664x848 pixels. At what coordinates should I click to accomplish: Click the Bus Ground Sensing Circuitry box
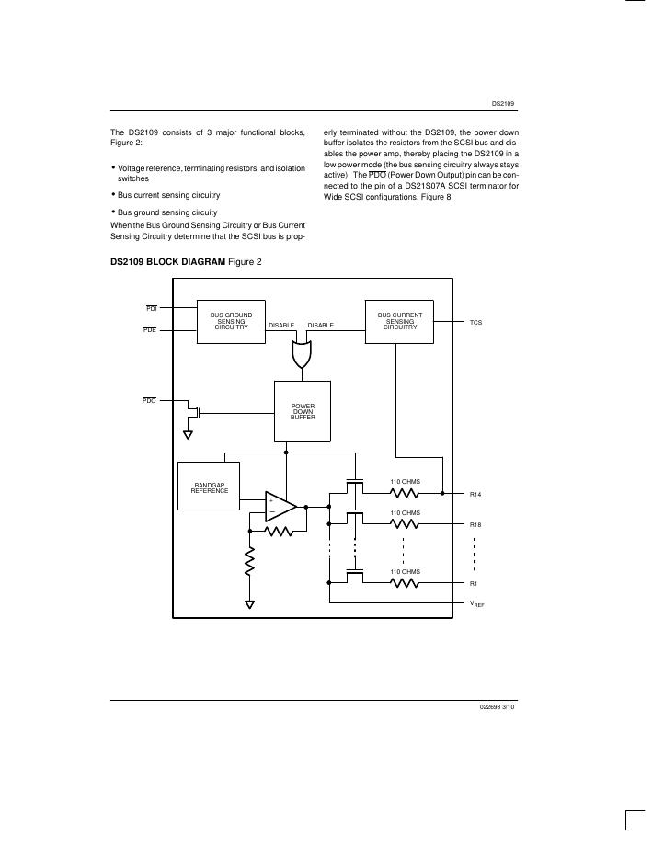231,321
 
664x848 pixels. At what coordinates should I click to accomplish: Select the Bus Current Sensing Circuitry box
400,321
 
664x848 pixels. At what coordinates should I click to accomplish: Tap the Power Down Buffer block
303,411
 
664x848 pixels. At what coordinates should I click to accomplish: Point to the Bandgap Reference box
209,487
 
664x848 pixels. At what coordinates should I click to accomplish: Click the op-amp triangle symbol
280,506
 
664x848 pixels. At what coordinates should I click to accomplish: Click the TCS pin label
475,322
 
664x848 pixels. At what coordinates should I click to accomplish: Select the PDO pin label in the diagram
149,400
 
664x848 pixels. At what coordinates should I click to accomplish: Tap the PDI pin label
151,309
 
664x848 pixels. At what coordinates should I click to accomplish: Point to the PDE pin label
150,329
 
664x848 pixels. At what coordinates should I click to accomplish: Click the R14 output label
475,495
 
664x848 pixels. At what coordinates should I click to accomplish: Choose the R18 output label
475,524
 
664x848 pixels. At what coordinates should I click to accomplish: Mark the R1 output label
474,583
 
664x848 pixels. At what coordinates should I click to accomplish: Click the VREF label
476,604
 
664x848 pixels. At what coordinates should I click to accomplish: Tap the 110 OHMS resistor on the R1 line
405,583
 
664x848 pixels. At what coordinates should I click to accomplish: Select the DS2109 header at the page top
502,104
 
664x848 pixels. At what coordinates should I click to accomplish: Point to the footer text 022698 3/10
498,707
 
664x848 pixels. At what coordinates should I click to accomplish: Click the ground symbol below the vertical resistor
249,604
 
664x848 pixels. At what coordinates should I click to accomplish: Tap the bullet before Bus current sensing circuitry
113,194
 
